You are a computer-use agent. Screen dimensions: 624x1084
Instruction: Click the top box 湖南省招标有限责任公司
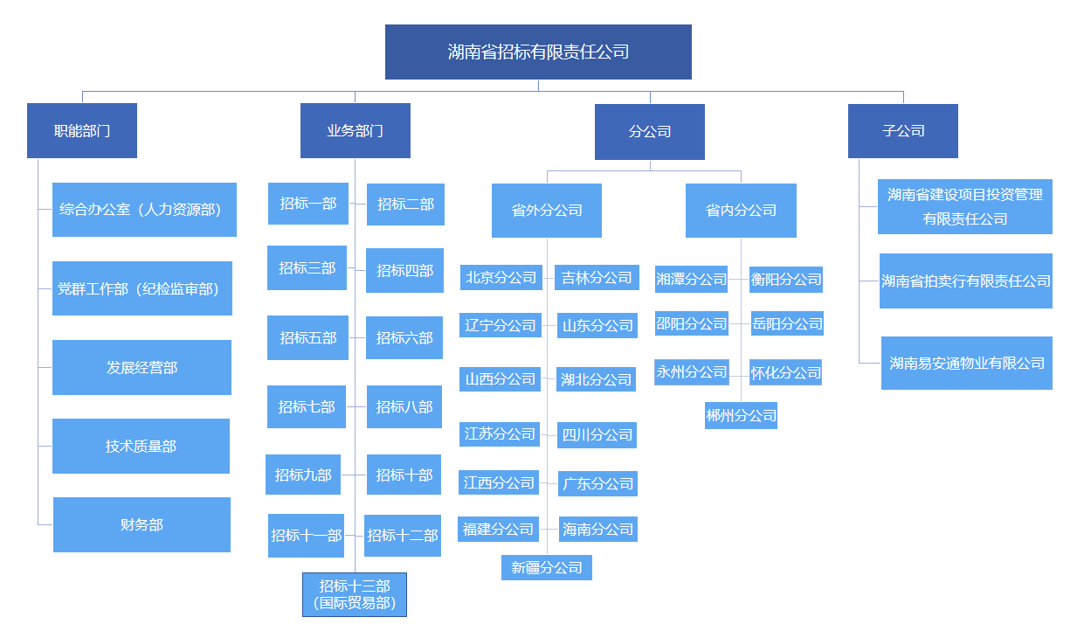point(538,52)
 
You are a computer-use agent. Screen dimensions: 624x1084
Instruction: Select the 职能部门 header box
point(82,131)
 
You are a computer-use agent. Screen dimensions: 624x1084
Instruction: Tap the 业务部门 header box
point(355,131)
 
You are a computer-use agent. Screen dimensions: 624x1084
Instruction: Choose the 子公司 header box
point(902,131)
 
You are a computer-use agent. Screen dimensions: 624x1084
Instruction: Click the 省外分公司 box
point(547,211)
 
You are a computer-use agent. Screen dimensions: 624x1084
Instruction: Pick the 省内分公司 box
point(741,211)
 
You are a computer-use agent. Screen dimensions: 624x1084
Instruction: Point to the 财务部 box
point(142,524)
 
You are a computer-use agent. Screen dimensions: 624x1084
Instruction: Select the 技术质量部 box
point(141,446)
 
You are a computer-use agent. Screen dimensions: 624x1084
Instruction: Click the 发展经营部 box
point(142,367)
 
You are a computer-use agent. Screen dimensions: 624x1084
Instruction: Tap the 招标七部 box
point(307,406)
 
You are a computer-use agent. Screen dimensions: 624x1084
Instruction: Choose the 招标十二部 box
point(402,535)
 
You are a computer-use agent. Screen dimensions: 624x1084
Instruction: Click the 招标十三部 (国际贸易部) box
point(355,594)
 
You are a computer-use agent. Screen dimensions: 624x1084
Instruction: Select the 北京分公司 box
point(501,278)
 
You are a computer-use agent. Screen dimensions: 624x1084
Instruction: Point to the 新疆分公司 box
point(547,567)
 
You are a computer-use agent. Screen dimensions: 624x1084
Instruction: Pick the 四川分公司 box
point(597,434)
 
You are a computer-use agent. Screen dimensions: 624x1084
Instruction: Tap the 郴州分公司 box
point(741,416)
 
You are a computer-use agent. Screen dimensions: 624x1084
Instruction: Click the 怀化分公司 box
point(785,372)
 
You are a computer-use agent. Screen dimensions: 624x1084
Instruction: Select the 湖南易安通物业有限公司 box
point(966,363)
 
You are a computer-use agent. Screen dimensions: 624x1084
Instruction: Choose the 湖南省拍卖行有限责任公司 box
point(965,281)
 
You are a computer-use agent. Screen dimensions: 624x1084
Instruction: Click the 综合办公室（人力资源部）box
point(144,210)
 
